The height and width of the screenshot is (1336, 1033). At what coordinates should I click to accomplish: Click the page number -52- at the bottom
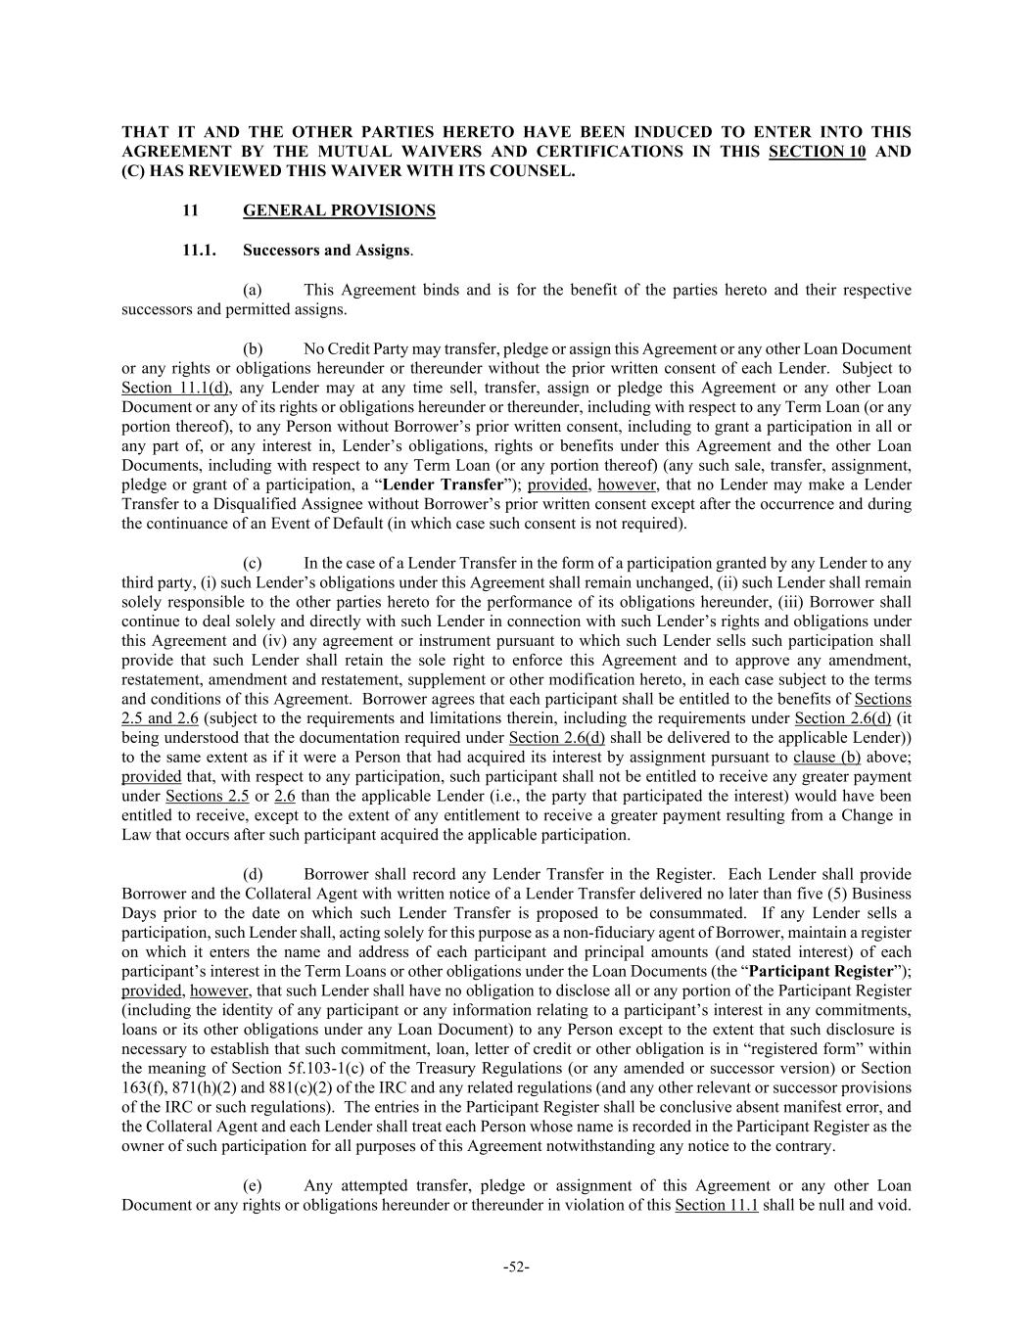[516, 1267]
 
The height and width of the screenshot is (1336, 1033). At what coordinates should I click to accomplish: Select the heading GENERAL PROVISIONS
[339, 210]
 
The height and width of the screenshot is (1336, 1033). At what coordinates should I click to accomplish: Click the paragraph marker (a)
[253, 290]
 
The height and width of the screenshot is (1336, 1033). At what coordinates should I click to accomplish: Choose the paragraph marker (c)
[253, 563]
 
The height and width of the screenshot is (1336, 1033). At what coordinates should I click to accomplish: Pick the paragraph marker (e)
[253, 1185]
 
